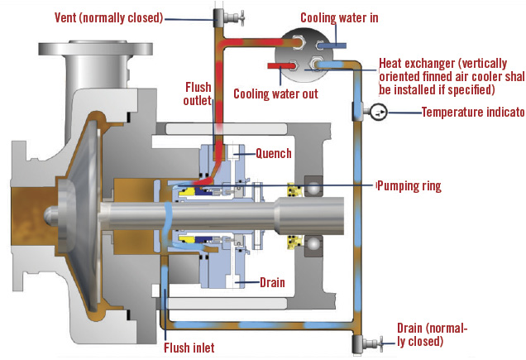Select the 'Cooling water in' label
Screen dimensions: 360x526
click(x=342, y=17)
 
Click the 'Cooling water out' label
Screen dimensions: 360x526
click(x=275, y=94)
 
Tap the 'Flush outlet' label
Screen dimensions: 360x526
click(x=197, y=93)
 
